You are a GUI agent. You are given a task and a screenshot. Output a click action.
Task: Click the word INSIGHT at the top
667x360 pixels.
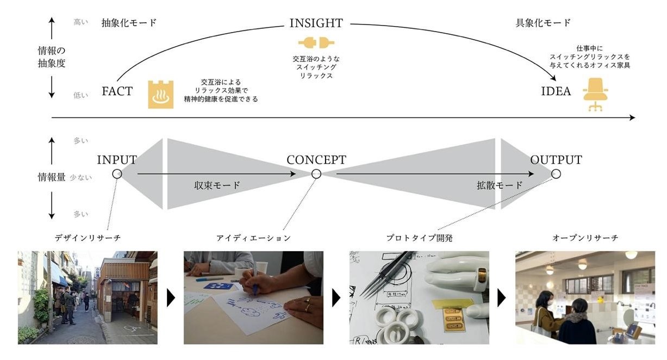pyautogui.click(x=316, y=23)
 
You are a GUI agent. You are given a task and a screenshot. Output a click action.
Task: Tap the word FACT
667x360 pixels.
pyautogui.click(x=117, y=91)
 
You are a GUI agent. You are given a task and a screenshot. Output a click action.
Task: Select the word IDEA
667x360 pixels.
pyautogui.click(x=556, y=91)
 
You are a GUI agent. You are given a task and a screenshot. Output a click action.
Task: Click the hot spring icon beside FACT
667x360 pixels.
pyautogui.click(x=161, y=95)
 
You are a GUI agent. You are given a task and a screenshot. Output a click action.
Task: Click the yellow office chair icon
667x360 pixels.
pyautogui.click(x=596, y=94)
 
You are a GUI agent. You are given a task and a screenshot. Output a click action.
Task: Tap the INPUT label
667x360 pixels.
pyautogui.click(x=117, y=160)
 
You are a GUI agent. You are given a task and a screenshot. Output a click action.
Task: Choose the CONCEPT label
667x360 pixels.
pyautogui.click(x=316, y=160)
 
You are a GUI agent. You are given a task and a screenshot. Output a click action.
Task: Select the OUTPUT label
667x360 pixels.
pyautogui.click(x=556, y=160)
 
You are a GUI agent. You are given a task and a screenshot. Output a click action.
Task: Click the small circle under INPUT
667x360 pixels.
pyautogui.click(x=117, y=174)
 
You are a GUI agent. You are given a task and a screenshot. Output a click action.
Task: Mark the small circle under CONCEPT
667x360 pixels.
pyautogui.click(x=316, y=174)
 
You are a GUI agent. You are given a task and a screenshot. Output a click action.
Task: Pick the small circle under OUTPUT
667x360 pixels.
pyautogui.click(x=556, y=174)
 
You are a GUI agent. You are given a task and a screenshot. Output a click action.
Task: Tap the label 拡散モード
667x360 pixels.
pyautogui.click(x=500, y=185)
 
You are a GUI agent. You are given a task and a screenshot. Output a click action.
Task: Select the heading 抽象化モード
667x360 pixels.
pyautogui.click(x=129, y=23)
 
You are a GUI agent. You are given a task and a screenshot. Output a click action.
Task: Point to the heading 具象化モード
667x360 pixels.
pyautogui.click(x=543, y=23)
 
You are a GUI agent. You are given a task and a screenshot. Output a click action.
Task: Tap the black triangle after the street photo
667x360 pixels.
pyautogui.click(x=171, y=298)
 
